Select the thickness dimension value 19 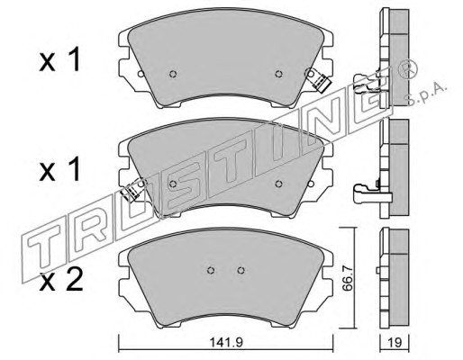(x=395, y=343)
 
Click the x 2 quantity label (x=61, y=280)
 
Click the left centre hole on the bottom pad (x=211, y=270)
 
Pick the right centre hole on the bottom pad (x=241, y=270)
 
